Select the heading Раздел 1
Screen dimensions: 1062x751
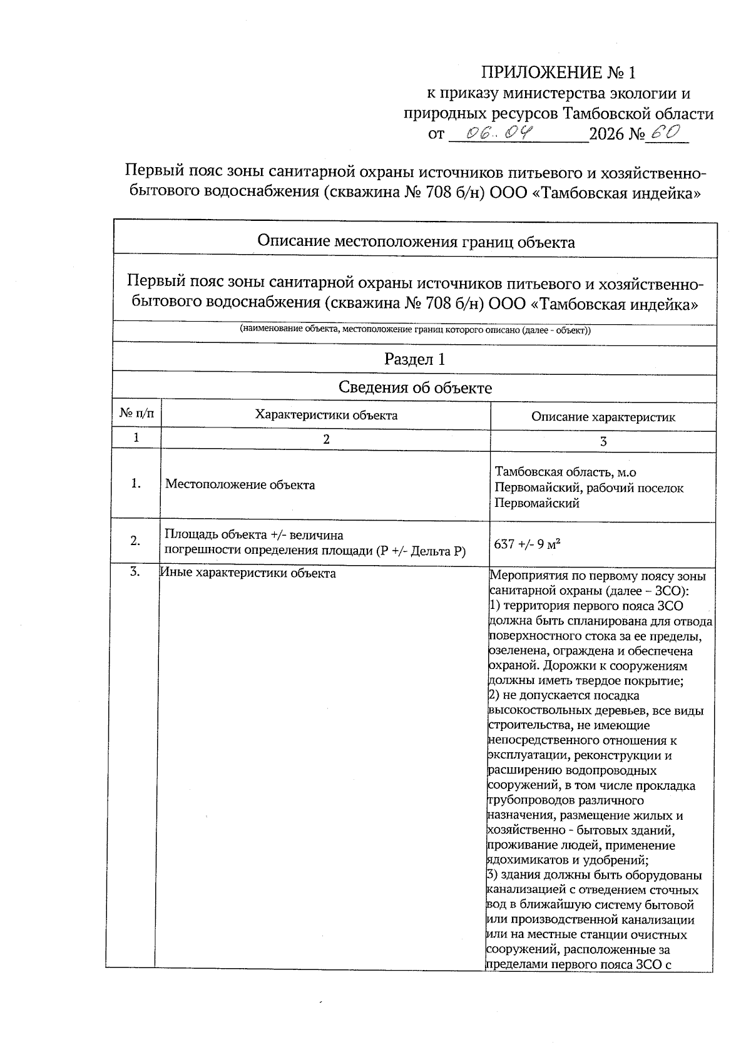click(x=414, y=359)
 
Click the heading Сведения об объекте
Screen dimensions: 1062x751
click(x=414, y=387)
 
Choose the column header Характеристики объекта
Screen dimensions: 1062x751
click(x=325, y=414)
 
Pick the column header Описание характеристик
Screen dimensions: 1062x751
click(x=603, y=417)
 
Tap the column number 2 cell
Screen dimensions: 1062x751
click(x=325, y=439)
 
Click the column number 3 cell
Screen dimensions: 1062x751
click(x=603, y=442)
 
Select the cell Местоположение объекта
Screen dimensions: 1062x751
click(x=240, y=485)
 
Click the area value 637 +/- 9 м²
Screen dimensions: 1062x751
click(x=527, y=544)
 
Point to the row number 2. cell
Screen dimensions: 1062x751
click(x=135, y=541)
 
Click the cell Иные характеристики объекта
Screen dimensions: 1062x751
click(x=248, y=573)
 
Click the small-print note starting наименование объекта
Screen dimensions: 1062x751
click(x=415, y=330)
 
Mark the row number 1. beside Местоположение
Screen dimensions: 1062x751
click(x=135, y=484)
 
